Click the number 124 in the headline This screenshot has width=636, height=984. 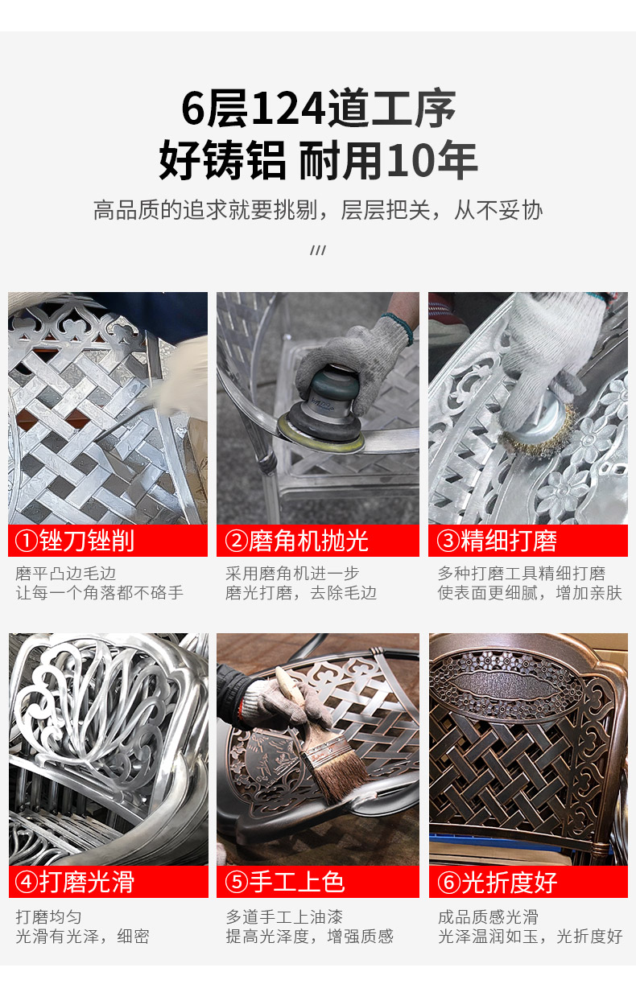coord(288,109)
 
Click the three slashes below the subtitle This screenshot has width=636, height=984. coord(318,250)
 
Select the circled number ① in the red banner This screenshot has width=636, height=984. coord(27,541)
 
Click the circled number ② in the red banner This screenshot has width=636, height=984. coord(237,541)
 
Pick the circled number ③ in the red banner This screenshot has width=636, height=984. coord(448,541)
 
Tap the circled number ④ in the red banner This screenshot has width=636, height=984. coord(27,882)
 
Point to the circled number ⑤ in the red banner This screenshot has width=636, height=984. coord(237,882)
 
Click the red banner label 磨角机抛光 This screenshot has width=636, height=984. coord(308,541)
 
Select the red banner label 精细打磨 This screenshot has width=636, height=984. coord(509,541)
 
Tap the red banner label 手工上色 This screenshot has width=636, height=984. coord(297,882)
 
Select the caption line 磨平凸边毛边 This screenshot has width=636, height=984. coord(66,574)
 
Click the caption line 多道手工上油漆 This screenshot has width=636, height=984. coord(284,917)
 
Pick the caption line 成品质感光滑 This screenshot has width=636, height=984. coord(489,917)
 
